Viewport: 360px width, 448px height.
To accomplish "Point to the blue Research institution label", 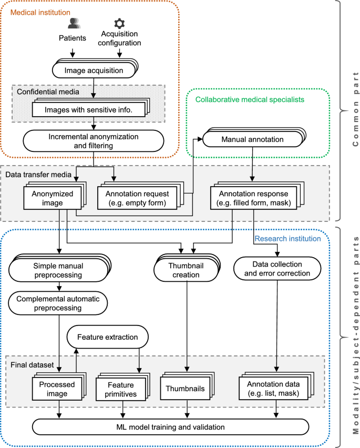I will tap(287, 238).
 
